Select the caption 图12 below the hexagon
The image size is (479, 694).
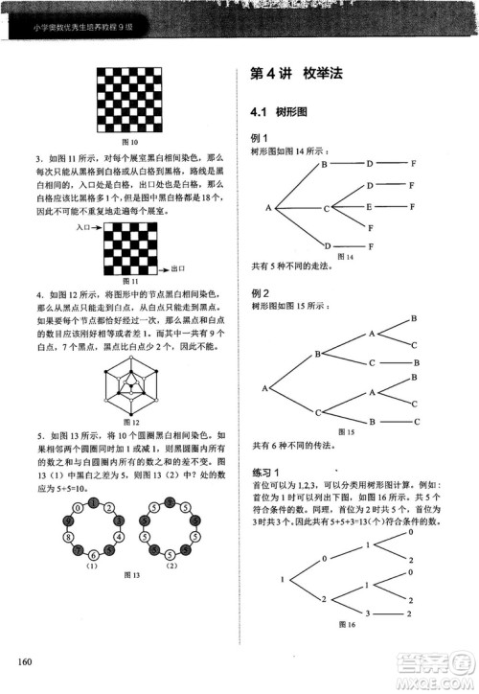click(x=133, y=421)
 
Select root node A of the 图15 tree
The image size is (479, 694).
click(x=265, y=388)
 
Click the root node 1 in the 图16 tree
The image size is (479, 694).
click(x=283, y=579)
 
